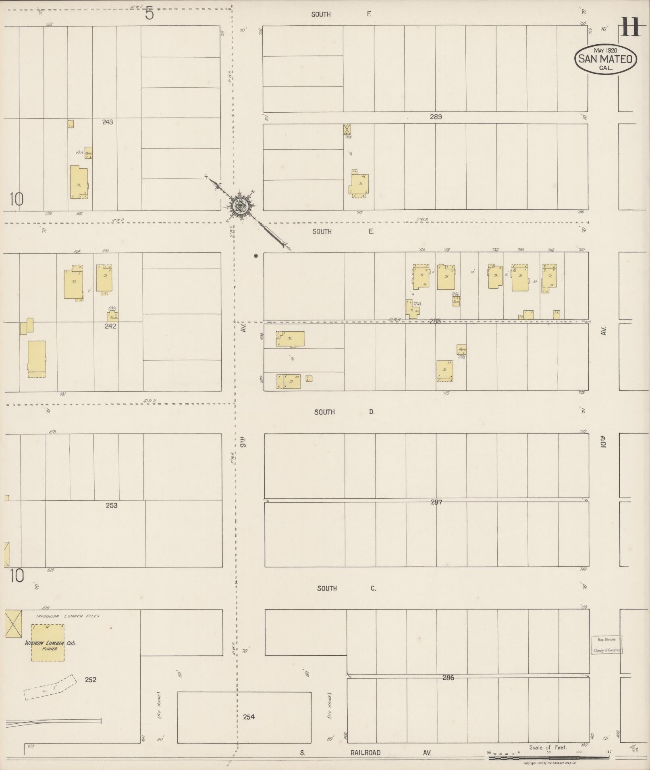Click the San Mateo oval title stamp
click(605, 59)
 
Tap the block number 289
click(436, 117)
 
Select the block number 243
click(108, 122)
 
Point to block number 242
click(110, 326)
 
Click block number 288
click(435, 321)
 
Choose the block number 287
click(436, 502)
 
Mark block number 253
click(112, 505)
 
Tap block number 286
click(448, 677)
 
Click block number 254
click(249, 716)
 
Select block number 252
click(91, 679)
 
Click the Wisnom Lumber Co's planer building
click(48, 642)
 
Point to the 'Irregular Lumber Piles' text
click(68, 616)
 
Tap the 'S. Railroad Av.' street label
click(366, 752)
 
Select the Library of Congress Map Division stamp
click(606, 645)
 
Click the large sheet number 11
click(631, 27)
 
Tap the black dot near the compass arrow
click(256, 256)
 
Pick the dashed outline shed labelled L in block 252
click(50, 687)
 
